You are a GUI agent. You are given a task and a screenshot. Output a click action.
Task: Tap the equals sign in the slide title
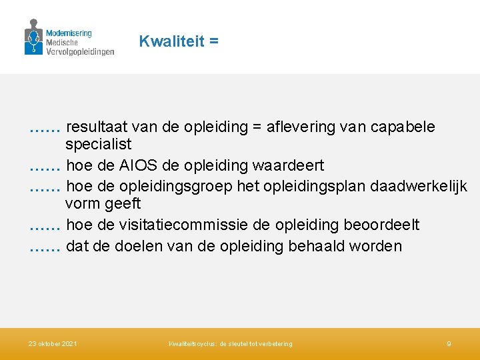(213, 41)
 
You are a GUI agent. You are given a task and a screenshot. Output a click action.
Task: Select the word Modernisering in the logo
(69, 33)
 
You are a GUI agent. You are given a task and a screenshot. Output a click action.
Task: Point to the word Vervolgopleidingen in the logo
(80, 51)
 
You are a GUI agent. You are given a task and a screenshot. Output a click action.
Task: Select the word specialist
(98, 144)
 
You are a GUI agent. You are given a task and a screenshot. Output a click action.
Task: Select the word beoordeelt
(381, 225)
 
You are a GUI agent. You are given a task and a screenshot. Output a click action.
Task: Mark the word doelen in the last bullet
(139, 246)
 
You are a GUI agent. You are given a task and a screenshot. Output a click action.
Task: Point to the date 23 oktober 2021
(53, 343)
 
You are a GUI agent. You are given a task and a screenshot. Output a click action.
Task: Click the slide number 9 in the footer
(449, 343)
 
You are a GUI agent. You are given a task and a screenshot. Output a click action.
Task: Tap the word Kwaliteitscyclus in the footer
(192, 343)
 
